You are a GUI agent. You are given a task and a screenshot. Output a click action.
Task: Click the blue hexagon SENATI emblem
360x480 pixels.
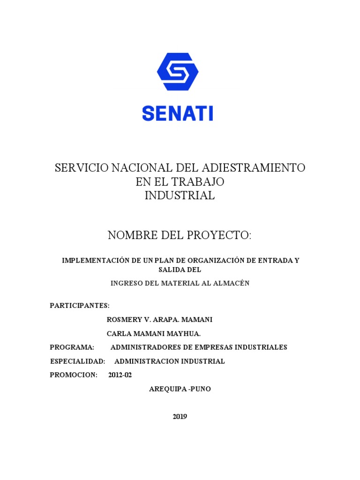[178, 71]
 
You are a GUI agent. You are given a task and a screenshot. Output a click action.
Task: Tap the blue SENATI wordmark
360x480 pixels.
[178, 113]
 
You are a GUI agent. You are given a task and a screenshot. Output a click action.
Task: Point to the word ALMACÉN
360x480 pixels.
[231, 283]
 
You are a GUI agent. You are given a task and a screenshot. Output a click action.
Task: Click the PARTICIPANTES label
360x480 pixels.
[80, 306]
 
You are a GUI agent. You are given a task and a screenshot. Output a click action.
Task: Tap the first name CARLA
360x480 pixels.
[118, 334]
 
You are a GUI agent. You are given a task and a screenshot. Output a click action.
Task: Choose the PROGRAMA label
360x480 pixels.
[72, 347]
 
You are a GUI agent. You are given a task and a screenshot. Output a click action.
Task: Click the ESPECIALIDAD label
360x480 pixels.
[77, 361]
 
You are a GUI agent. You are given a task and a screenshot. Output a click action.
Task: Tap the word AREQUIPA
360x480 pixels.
[166, 389]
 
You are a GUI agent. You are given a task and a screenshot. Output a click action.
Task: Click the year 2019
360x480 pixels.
[180, 416]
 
